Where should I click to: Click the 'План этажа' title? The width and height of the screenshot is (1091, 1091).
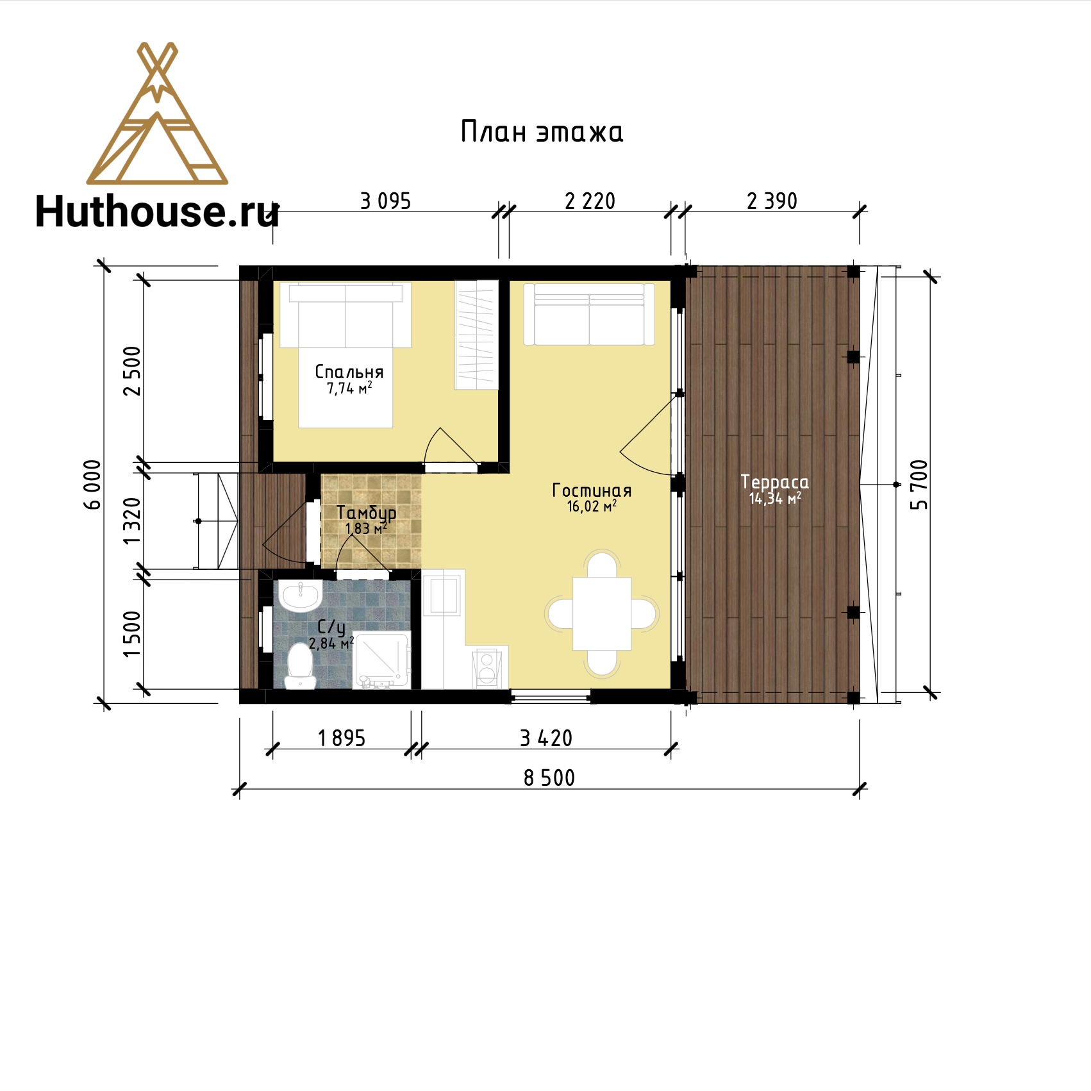(x=542, y=132)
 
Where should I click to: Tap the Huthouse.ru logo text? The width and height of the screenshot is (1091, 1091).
(x=157, y=212)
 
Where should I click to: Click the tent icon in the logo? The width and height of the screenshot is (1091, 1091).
(x=157, y=113)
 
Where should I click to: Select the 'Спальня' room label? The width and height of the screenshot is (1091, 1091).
(x=349, y=372)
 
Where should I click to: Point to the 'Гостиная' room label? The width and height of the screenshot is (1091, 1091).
(x=592, y=490)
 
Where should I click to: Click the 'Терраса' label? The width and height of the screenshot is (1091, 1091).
(x=774, y=482)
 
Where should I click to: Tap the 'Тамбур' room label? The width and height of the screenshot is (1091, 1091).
(x=366, y=513)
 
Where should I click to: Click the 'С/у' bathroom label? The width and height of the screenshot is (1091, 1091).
(x=331, y=627)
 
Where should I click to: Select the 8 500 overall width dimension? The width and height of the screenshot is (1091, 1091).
(x=549, y=778)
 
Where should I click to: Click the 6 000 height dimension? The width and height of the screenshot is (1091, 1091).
(x=93, y=485)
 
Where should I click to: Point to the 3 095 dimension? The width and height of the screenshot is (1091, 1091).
(x=385, y=201)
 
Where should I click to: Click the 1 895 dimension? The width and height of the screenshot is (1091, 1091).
(x=342, y=738)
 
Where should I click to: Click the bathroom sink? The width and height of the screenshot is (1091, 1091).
(x=301, y=596)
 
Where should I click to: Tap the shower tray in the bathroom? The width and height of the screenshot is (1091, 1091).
(x=381, y=660)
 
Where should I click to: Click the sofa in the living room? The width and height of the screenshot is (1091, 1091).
(x=589, y=314)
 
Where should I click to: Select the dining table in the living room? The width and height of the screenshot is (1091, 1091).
(x=602, y=613)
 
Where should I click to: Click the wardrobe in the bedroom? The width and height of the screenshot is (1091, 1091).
(x=476, y=335)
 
